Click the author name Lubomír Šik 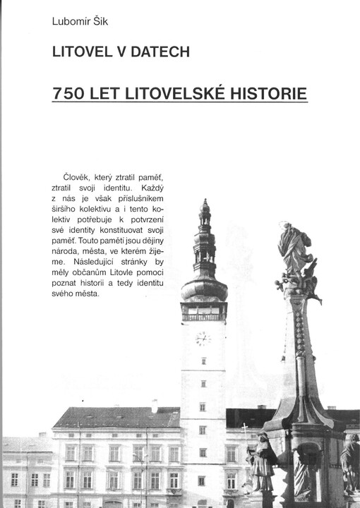pyautogui.click(x=78, y=21)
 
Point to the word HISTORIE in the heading pyautogui.click(x=266, y=94)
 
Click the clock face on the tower pyautogui.click(x=203, y=339)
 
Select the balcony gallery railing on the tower pyautogui.click(x=204, y=316)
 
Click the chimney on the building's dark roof pyautogui.click(x=155, y=406)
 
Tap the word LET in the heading pyautogui.click(x=99, y=94)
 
